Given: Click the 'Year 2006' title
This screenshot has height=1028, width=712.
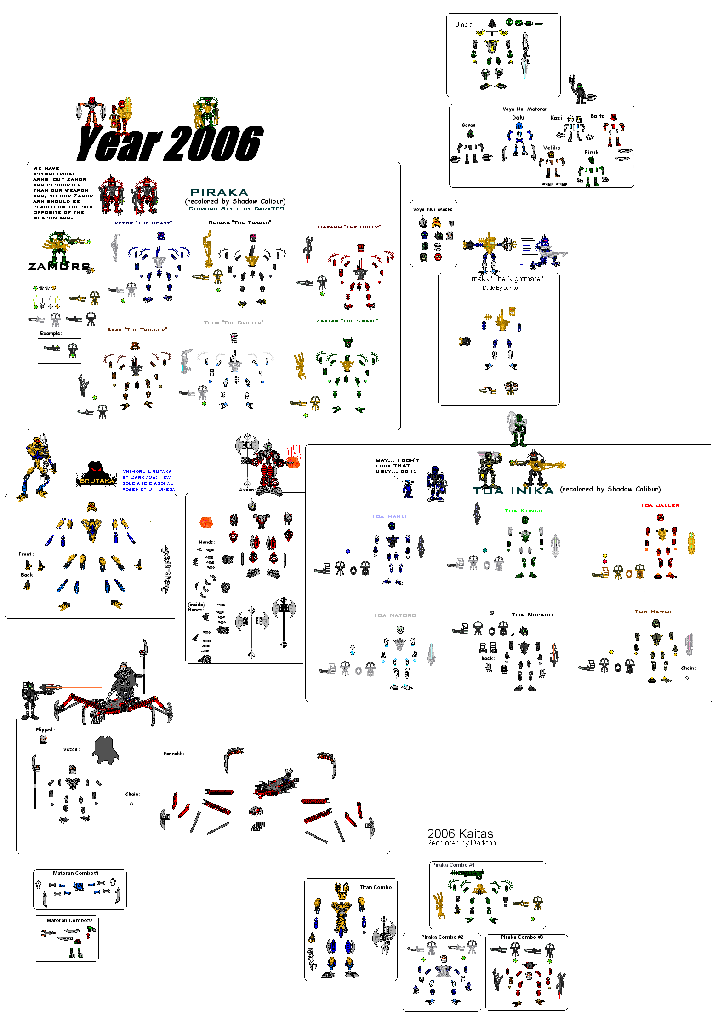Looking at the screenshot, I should click(170, 143).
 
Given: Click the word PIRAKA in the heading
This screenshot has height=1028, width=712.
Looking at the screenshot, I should click(219, 193).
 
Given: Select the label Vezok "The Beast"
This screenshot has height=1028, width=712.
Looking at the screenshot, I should click(143, 223).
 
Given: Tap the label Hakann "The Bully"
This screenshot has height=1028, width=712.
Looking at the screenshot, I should click(349, 227).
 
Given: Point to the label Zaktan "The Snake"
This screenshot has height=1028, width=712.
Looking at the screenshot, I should click(347, 321).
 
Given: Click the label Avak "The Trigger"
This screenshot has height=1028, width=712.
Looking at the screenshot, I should click(137, 330).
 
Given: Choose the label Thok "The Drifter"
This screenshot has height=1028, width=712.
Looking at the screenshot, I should click(234, 323).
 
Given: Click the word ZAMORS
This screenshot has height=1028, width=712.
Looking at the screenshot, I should click(59, 267).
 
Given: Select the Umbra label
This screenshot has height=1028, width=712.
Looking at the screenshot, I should click(463, 25).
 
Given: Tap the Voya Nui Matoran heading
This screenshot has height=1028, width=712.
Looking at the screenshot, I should click(525, 109).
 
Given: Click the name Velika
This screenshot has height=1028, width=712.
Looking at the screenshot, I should click(552, 148).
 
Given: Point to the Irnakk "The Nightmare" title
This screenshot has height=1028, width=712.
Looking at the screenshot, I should click(506, 279).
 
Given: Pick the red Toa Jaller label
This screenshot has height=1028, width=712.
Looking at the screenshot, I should click(659, 505).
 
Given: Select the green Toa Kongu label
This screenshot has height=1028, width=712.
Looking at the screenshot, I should click(523, 511).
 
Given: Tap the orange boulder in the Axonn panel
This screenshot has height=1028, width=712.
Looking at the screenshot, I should click(206, 523).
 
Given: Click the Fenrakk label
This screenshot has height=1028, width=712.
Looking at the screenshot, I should click(173, 754).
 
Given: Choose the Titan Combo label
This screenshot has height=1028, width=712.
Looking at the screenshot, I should click(375, 887).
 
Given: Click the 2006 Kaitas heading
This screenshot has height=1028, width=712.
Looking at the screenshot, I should click(460, 834).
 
